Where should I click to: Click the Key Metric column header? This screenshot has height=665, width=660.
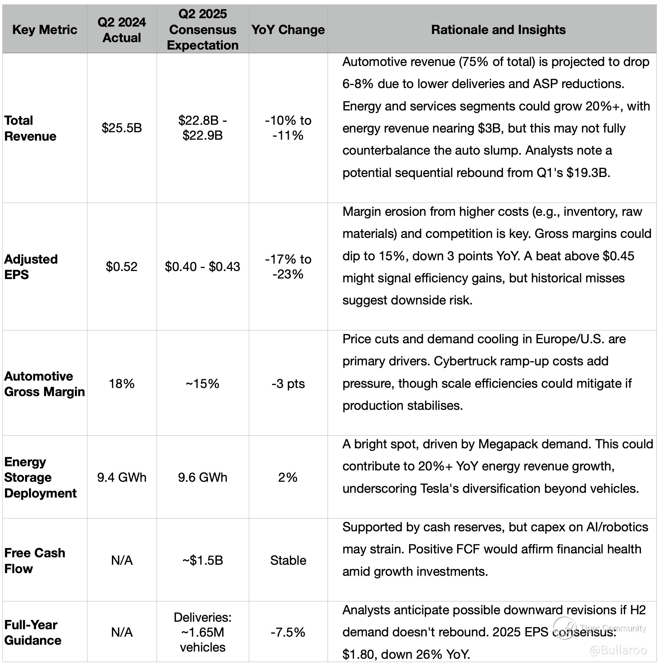point(45,30)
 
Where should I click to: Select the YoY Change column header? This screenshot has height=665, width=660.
point(288,30)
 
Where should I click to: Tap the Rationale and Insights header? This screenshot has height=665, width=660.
point(498,30)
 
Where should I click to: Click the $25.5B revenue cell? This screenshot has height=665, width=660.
point(122,128)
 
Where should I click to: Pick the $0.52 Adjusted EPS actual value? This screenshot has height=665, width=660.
point(122,267)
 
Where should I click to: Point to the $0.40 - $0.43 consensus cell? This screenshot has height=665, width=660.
point(203,267)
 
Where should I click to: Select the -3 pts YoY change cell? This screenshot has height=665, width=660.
point(288,384)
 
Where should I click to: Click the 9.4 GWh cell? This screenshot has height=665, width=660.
point(122,478)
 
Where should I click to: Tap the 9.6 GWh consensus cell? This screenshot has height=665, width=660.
point(203,478)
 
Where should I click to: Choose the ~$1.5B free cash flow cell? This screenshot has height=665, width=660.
point(203,560)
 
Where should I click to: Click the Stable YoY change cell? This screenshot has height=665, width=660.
point(288,560)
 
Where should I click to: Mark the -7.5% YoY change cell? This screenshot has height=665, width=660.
point(288,632)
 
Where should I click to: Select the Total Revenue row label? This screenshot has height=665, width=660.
point(30,128)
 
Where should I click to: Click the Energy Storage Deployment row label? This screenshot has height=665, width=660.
point(40,478)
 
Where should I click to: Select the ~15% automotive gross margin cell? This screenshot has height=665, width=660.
point(203,384)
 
